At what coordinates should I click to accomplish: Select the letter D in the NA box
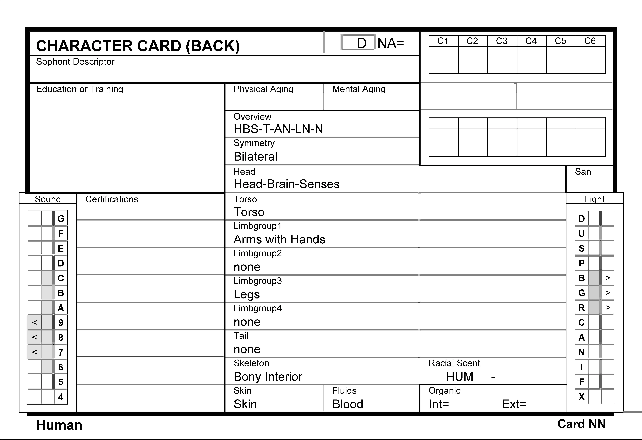tap(362, 43)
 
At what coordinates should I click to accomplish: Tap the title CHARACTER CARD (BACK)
tap(138, 46)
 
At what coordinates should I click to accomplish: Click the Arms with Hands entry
tap(279, 239)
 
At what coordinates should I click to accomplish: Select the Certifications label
tap(112, 199)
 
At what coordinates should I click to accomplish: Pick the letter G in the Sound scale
tap(61, 219)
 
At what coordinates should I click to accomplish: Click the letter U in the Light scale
tap(581, 234)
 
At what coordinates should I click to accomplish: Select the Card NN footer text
tap(581, 424)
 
